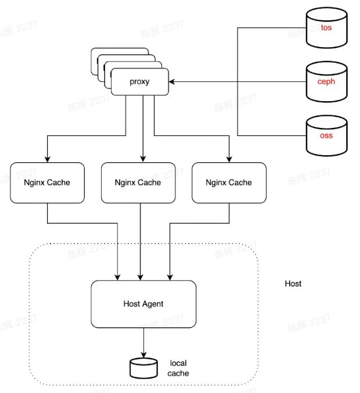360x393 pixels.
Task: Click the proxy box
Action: [140, 82]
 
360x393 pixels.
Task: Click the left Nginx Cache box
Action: [47, 183]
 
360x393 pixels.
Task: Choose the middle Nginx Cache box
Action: [138, 183]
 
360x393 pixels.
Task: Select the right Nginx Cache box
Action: [229, 183]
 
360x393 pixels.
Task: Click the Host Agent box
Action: [143, 303]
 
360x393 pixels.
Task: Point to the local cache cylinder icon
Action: [143, 367]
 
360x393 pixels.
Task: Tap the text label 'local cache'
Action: [178, 368]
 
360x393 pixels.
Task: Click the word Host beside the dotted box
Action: [293, 284]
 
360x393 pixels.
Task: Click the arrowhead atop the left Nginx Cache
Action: [47, 159]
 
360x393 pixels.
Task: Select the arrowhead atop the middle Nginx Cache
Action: [142, 159]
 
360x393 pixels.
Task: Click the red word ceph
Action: [326, 82]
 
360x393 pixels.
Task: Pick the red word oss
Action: [326, 135]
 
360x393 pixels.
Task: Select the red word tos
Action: [326, 28]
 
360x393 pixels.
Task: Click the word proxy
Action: [140, 82]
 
